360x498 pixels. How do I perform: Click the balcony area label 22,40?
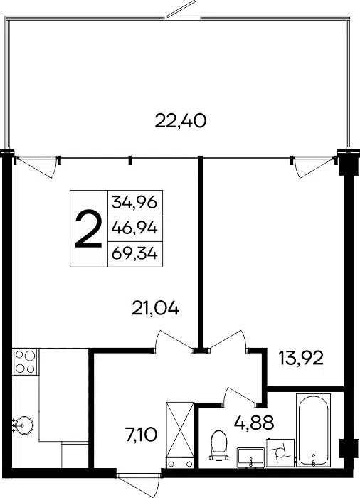click(181, 122)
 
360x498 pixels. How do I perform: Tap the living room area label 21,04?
click(156, 309)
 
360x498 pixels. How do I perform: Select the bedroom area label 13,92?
click(301, 358)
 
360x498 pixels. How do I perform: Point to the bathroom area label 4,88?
click(254, 423)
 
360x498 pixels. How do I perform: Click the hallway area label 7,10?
click(142, 435)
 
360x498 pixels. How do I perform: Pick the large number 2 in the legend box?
click(89, 228)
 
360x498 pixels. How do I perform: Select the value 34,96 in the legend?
click(134, 202)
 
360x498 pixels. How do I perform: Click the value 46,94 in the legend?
click(134, 228)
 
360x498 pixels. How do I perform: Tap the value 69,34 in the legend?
click(134, 254)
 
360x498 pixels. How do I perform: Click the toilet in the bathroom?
click(219, 445)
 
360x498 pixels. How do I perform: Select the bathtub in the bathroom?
click(313, 430)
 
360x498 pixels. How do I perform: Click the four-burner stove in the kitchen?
click(25, 361)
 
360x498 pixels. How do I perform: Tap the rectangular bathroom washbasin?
click(250, 457)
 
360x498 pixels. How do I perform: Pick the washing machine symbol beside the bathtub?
click(280, 453)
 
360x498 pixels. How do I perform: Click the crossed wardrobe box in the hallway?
click(180, 430)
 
